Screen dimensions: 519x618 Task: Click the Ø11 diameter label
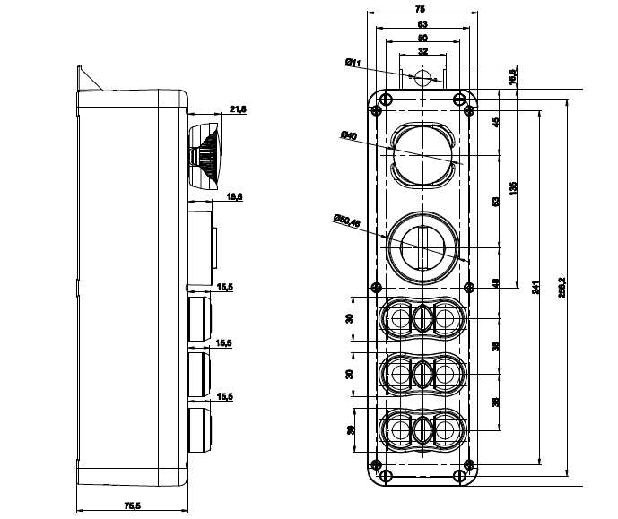click(352, 63)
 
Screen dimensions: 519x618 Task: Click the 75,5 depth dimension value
click(131, 507)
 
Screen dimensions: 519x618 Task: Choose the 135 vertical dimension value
click(514, 187)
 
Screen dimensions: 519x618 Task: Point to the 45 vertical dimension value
click(496, 122)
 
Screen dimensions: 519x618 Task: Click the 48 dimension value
click(496, 283)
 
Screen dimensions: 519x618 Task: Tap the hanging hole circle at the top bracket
click(422, 76)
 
